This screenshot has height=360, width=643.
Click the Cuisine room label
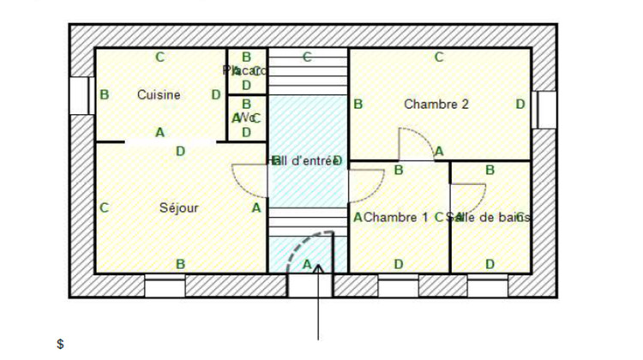159,95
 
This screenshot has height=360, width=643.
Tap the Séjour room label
179,207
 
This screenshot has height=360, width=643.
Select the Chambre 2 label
436,105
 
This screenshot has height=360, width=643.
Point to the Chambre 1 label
395,218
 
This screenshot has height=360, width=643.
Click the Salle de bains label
493,218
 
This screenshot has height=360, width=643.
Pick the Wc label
247,117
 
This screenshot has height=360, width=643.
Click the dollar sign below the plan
60,344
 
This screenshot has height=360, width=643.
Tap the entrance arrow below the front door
319,300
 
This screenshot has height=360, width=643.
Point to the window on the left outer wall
81,95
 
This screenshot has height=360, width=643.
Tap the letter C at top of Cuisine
159,57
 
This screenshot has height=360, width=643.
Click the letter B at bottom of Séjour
180,264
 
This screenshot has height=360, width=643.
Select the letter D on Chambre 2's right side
520,105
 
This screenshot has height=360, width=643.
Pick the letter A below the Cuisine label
159,132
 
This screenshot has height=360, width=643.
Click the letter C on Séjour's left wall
104,207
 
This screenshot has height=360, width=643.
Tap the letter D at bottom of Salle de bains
490,264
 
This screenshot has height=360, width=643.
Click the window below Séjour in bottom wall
165,286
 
